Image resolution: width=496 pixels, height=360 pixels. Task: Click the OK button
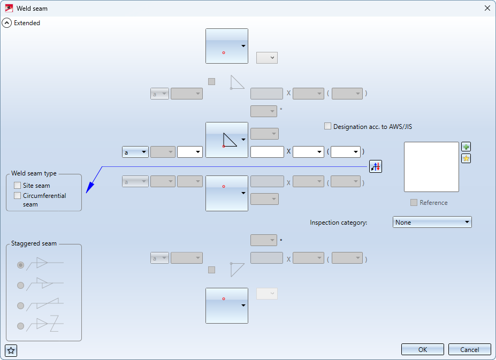[x=422, y=349]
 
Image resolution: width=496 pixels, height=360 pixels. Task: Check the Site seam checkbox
[x=18, y=186]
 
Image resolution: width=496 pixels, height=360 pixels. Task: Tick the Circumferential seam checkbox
[x=18, y=195]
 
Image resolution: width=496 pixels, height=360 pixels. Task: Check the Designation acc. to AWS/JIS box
[x=327, y=126]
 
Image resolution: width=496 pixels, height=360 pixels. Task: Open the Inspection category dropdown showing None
[x=432, y=222]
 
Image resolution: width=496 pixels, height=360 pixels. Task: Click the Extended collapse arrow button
[x=6, y=23]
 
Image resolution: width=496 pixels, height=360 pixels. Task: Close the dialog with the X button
[x=487, y=8]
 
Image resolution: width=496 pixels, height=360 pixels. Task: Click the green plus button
[x=466, y=147]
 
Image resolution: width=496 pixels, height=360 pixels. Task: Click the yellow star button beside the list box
[x=466, y=158]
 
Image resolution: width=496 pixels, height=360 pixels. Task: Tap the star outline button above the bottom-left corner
[x=11, y=350]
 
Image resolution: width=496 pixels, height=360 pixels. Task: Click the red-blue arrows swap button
[x=376, y=166]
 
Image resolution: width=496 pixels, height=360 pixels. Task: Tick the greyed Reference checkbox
[x=414, y=202]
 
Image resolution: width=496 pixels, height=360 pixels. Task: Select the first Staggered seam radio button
[x=20, y=265]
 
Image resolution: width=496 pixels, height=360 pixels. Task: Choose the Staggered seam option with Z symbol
[x=20, y=326]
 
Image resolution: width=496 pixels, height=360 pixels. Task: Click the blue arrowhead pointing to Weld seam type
[x=90, y=187]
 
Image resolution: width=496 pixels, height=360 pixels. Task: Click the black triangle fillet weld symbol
[x=230, y=140]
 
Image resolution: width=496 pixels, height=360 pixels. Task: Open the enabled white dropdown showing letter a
[x=135, y=152]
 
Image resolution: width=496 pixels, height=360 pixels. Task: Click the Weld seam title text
[x=32, y=9]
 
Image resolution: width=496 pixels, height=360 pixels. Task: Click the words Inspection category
[x=339, y=223]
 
